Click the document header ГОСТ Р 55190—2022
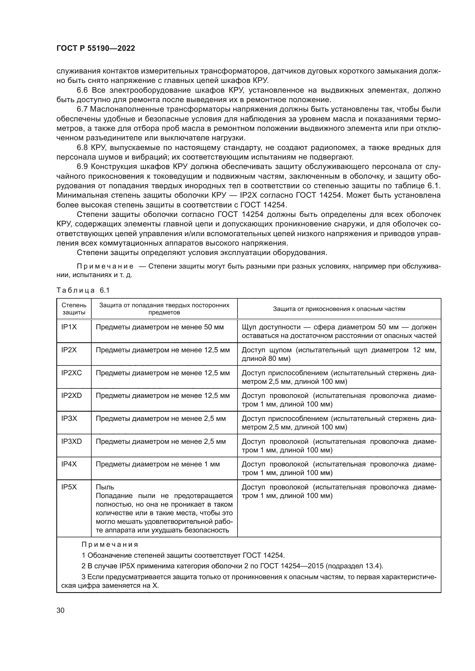click(96, 48)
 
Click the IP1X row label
click(69, 327)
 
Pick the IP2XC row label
click(72, 373)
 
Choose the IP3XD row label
click(72, 441)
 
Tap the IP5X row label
click(69, 487)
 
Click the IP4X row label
click(69, 464)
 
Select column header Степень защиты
click(74, 309)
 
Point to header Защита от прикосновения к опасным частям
click(339, 309)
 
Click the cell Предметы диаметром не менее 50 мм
click(160, 327)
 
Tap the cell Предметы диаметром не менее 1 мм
click(158, 464)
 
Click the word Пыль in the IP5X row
click(105, 487)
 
